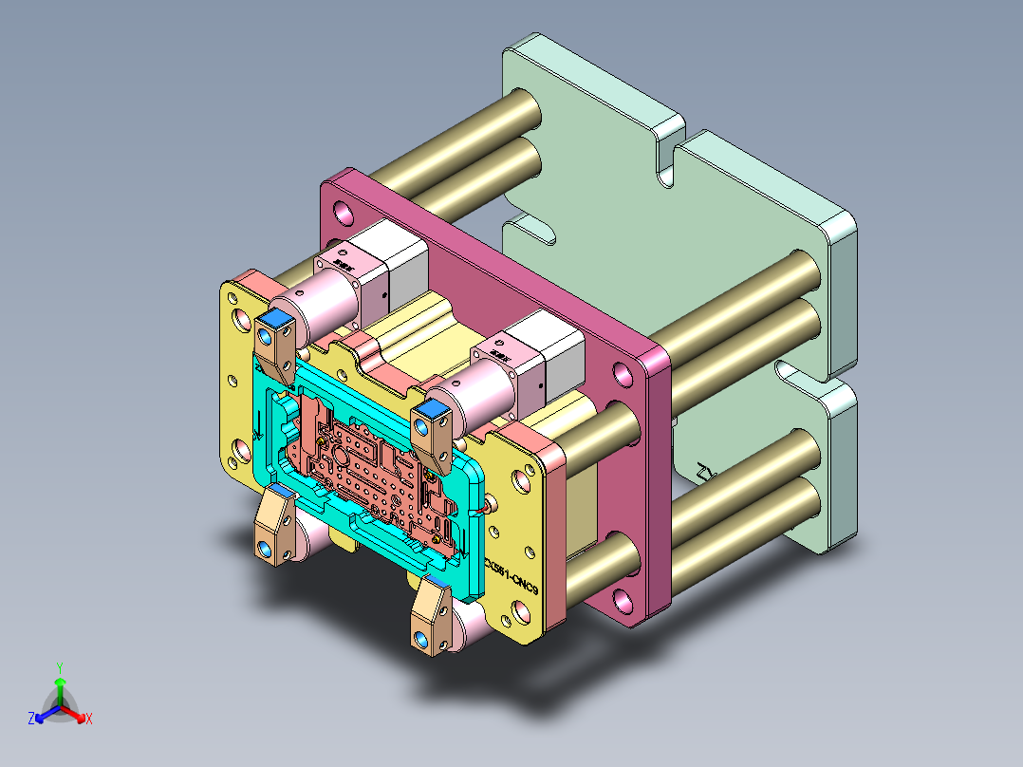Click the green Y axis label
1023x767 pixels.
coord(59,667)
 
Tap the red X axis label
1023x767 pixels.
coord(89,719)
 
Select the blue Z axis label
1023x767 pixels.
coord(31,719)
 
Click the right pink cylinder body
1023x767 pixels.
coord(480,397)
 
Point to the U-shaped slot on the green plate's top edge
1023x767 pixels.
coord(670,154)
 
